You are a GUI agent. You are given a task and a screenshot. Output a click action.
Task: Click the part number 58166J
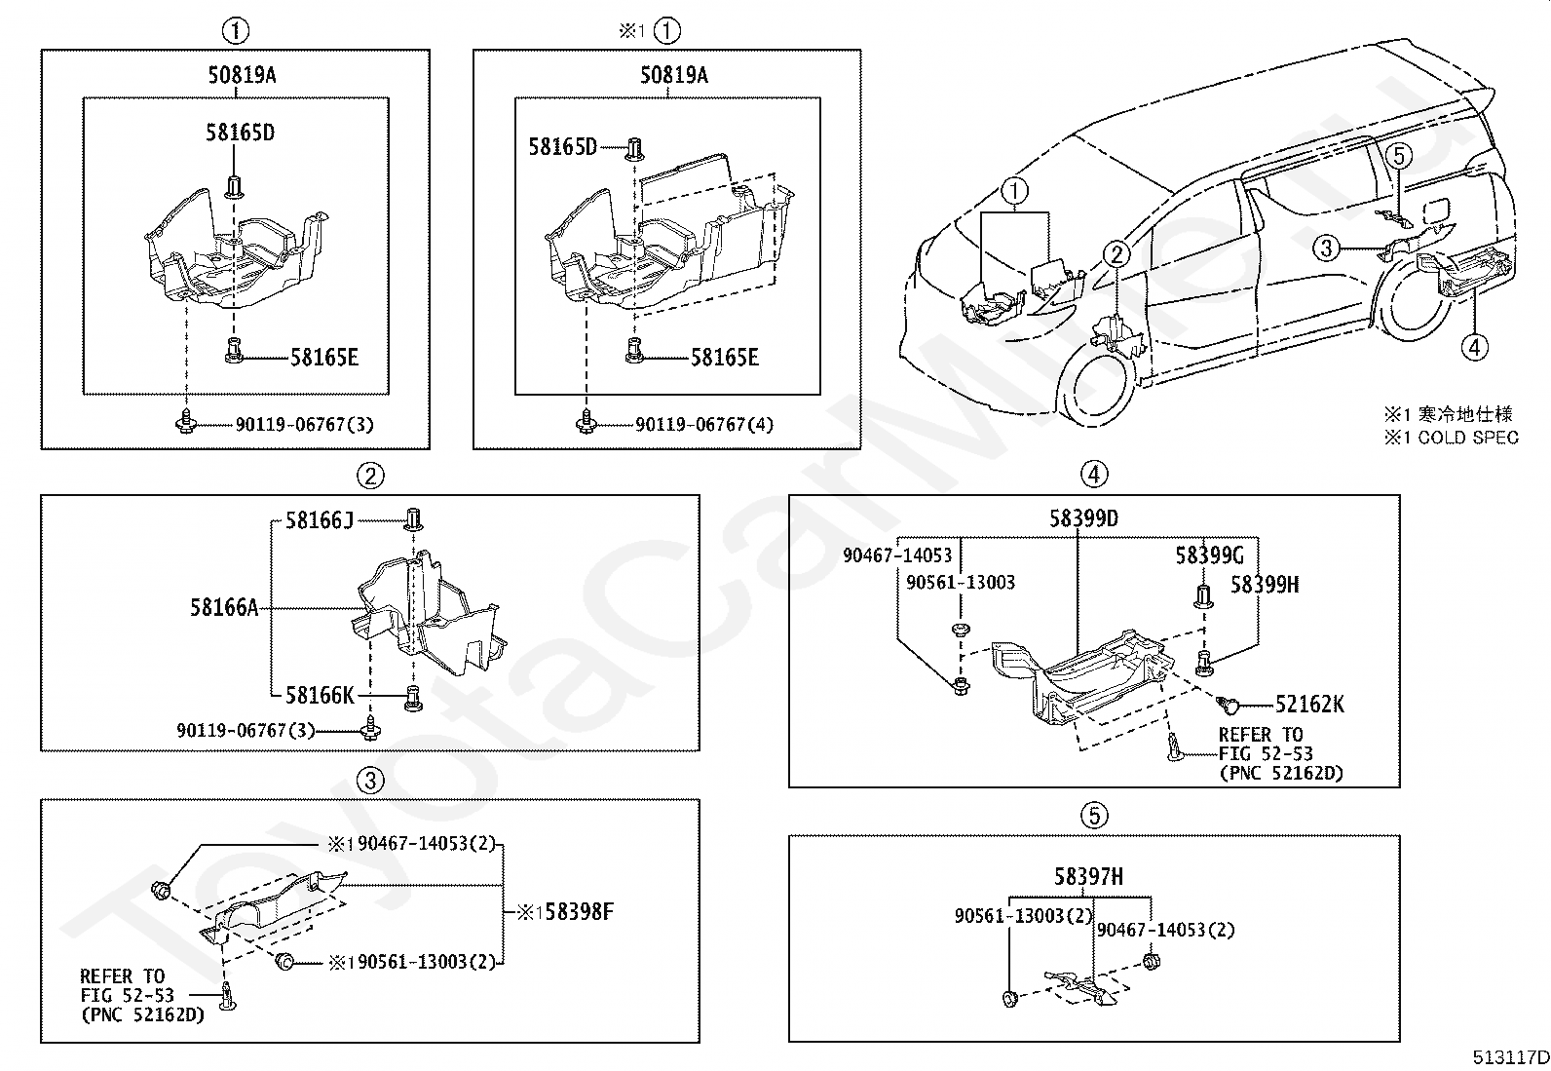[x=319, y=520]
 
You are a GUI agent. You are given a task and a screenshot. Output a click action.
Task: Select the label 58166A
[x=224, y=608]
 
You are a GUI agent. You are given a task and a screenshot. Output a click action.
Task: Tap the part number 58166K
[x=320, y=695]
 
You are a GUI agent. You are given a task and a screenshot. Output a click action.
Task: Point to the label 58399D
[x=1083, y=518]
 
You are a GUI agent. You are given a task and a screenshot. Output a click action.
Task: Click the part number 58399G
[x=1209, y=555]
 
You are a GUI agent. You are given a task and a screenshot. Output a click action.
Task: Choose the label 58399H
[x=1264, y=585]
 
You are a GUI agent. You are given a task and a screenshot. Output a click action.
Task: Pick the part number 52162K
[x=1309, y=704]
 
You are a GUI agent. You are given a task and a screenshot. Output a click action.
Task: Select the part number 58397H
[x=1088, y=877]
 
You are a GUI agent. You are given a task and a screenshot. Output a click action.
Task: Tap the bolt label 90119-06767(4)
[x=704, y=425]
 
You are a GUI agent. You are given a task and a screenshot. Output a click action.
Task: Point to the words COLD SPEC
[x=1468, y=438]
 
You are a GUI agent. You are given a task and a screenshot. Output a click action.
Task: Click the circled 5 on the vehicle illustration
[x=1398, y=154]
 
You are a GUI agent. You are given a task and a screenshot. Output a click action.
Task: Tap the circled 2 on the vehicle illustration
[x=1116, y=255]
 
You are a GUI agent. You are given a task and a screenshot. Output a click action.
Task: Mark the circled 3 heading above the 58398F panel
[x=369, y=780]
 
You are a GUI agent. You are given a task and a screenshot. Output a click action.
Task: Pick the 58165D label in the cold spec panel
[x=562, y=147]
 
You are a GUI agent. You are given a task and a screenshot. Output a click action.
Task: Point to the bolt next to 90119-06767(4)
[x=586, y=421]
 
